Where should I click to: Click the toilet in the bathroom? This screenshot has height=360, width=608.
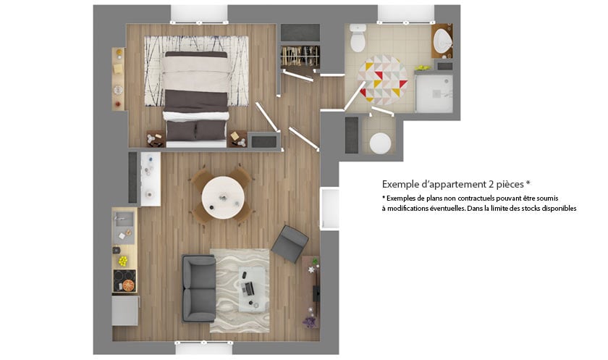click(358, 38)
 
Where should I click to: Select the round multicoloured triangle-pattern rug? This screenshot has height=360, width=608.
click(382, 80)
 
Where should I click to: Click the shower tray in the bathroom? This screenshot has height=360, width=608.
click(434, 93)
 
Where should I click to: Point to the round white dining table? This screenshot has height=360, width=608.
click(223, 198)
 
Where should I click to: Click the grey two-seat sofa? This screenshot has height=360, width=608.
click(199, 288)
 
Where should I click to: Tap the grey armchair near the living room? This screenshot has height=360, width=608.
click(290, 243)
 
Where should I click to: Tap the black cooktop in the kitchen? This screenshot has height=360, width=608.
click(124, 281)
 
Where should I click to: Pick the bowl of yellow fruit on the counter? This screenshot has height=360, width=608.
click(123, 261)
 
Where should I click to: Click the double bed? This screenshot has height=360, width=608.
click(196, 99)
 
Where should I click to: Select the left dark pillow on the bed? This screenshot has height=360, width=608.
click(181, 130)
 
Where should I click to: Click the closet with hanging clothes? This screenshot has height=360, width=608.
click(300, 56)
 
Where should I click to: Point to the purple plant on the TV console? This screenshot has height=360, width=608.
click(310, 322)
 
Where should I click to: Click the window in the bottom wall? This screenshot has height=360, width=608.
click(204, 347)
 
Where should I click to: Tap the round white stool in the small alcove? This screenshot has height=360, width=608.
click(380, 143)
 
